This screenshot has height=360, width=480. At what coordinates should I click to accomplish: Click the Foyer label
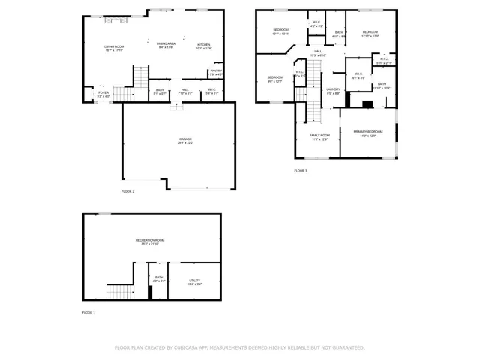coord(103,94)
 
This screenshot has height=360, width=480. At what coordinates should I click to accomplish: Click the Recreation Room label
coord(150,240)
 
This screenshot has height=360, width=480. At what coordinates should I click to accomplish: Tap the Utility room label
coord(194,282)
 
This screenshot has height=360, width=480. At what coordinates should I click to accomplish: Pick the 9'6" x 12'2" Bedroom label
coord(275,79)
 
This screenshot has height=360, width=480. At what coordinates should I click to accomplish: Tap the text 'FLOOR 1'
coord(88,312)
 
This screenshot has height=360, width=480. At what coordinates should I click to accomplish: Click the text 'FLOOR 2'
coord(127,191)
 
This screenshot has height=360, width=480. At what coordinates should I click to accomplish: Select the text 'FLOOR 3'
coord(301,171)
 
